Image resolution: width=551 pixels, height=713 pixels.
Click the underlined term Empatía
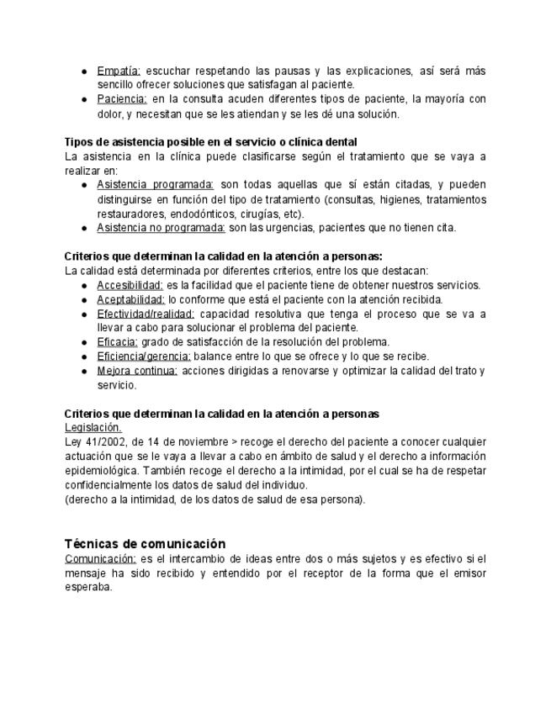click(119, 71)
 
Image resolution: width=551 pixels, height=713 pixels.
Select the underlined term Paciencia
click(122, 99)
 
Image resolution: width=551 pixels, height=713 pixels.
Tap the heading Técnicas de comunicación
click(145, 544)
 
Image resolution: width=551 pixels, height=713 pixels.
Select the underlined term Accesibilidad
click(130, 285)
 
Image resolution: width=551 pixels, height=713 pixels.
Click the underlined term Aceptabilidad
click(130, 299)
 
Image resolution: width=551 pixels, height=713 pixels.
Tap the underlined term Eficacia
click(117, 341)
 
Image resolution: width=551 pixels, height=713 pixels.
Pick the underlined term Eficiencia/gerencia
click(144, 356)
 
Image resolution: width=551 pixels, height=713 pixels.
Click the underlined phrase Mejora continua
click(137, 370)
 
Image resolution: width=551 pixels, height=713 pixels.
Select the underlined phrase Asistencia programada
click(156, 185)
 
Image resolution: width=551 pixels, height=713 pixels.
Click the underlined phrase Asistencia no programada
click(161, 227)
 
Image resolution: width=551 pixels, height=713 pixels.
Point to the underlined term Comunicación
click(100, 558)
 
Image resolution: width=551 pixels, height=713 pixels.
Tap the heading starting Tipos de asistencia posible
click(211, 141)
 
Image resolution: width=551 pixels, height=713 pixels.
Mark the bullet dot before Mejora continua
click(85, 371)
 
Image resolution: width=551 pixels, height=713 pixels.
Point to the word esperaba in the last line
click(88, 587)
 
